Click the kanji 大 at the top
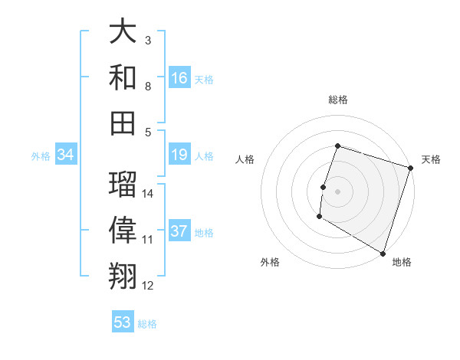tap(123, 32)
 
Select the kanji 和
tap(123, 77)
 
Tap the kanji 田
tap(123, 122)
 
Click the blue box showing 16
tap(179, 78)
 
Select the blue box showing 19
tap(179, 155)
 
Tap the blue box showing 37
tap(179, 231)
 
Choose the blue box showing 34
tap(66, 155)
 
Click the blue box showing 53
tap(123, 322)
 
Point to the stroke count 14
tap(148, 194)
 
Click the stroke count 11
tap(148, 240)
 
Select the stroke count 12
tap(148, 286)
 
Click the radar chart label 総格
tap(337, 100)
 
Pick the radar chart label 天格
tap(431, 159)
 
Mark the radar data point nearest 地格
tap(382, 253)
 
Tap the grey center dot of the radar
tap(337, 191)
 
